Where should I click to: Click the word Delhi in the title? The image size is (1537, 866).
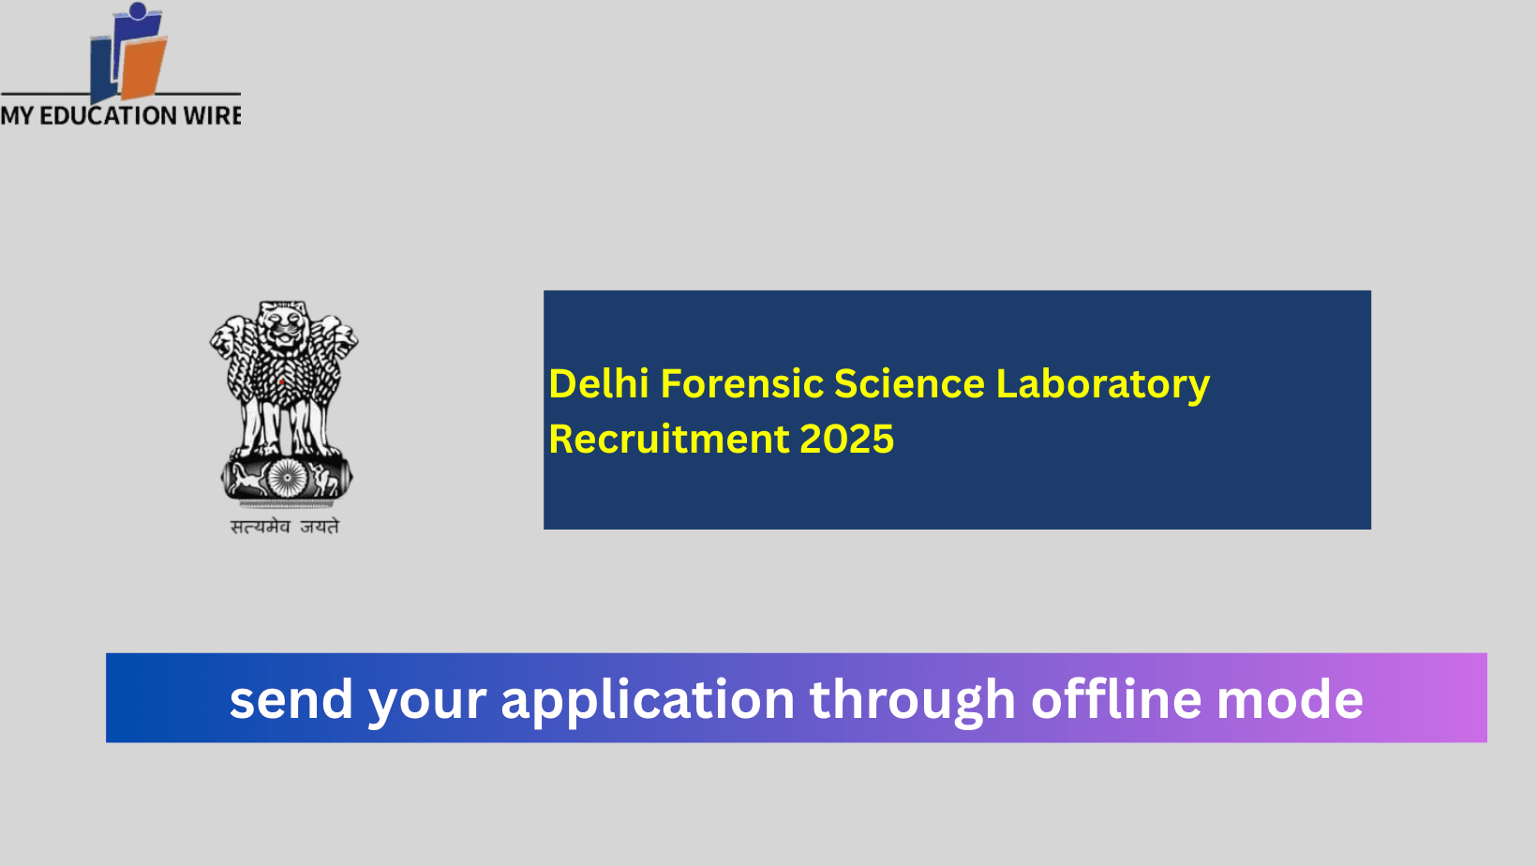pyautogui.click(x=598, y=384)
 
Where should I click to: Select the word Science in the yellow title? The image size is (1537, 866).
pyautogui.click(x=909, y=384)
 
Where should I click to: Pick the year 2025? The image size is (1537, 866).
pyautogui.click(x=847, y=440)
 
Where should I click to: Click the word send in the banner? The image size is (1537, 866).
pyautogui.click(x=291, y=700)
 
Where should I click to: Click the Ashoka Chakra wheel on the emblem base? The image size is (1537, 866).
pyautogui.click(x=287, y=479)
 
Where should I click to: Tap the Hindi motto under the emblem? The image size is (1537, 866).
pyautogui.click(x=285, y=527)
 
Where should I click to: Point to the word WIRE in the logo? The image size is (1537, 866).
pyautogui.click(x=213, y=116)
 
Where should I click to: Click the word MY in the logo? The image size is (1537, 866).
pyautogui.click(x=17, y=116)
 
